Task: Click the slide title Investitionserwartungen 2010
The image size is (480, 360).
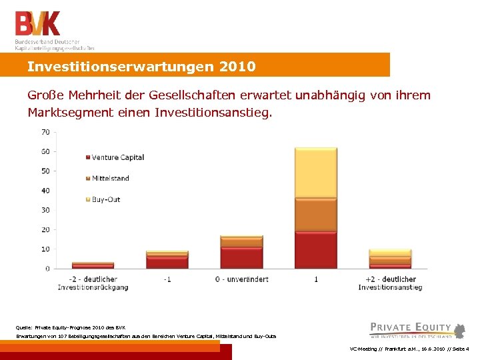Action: (x=141, y=67)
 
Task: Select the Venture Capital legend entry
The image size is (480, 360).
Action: (x=118, y=157)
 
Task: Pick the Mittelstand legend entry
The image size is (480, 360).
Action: (x=111, y=178)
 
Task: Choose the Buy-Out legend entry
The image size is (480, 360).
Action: (x=106, y=199)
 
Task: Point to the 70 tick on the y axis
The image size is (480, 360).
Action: (x=45, y=132)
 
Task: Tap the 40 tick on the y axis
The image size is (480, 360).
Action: (x=45, y=191)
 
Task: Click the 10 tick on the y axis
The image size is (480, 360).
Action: (x=45, y=249)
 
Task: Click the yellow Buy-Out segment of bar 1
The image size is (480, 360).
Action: (x=315, y=173)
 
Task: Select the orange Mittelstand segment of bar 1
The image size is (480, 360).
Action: (x=315, y=215)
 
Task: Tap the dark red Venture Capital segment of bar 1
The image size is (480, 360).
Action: (x=315, y=250)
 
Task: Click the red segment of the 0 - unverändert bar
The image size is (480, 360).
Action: (x=241, y=258)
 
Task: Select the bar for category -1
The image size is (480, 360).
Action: (x=167, y=260)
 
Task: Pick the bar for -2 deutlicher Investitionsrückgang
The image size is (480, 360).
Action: (x=93, y=265)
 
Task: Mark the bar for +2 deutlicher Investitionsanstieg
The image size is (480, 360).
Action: (x=390, y=259)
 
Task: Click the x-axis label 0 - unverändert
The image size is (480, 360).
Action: (x=241, y=279)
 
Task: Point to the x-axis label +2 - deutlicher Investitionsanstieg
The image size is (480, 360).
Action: (x=390, y=283)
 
